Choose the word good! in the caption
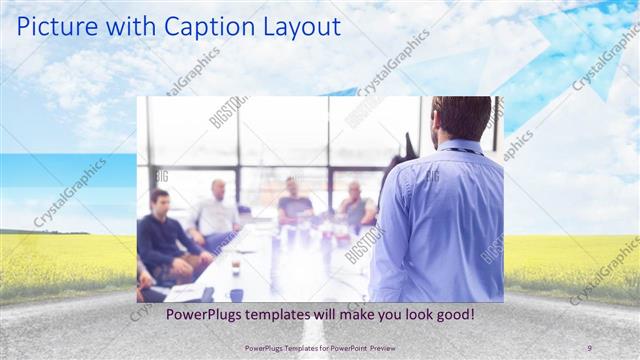click(x=450, y=316)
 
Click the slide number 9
click(x=589, y=348)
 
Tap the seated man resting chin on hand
click(x=354, y=205)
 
